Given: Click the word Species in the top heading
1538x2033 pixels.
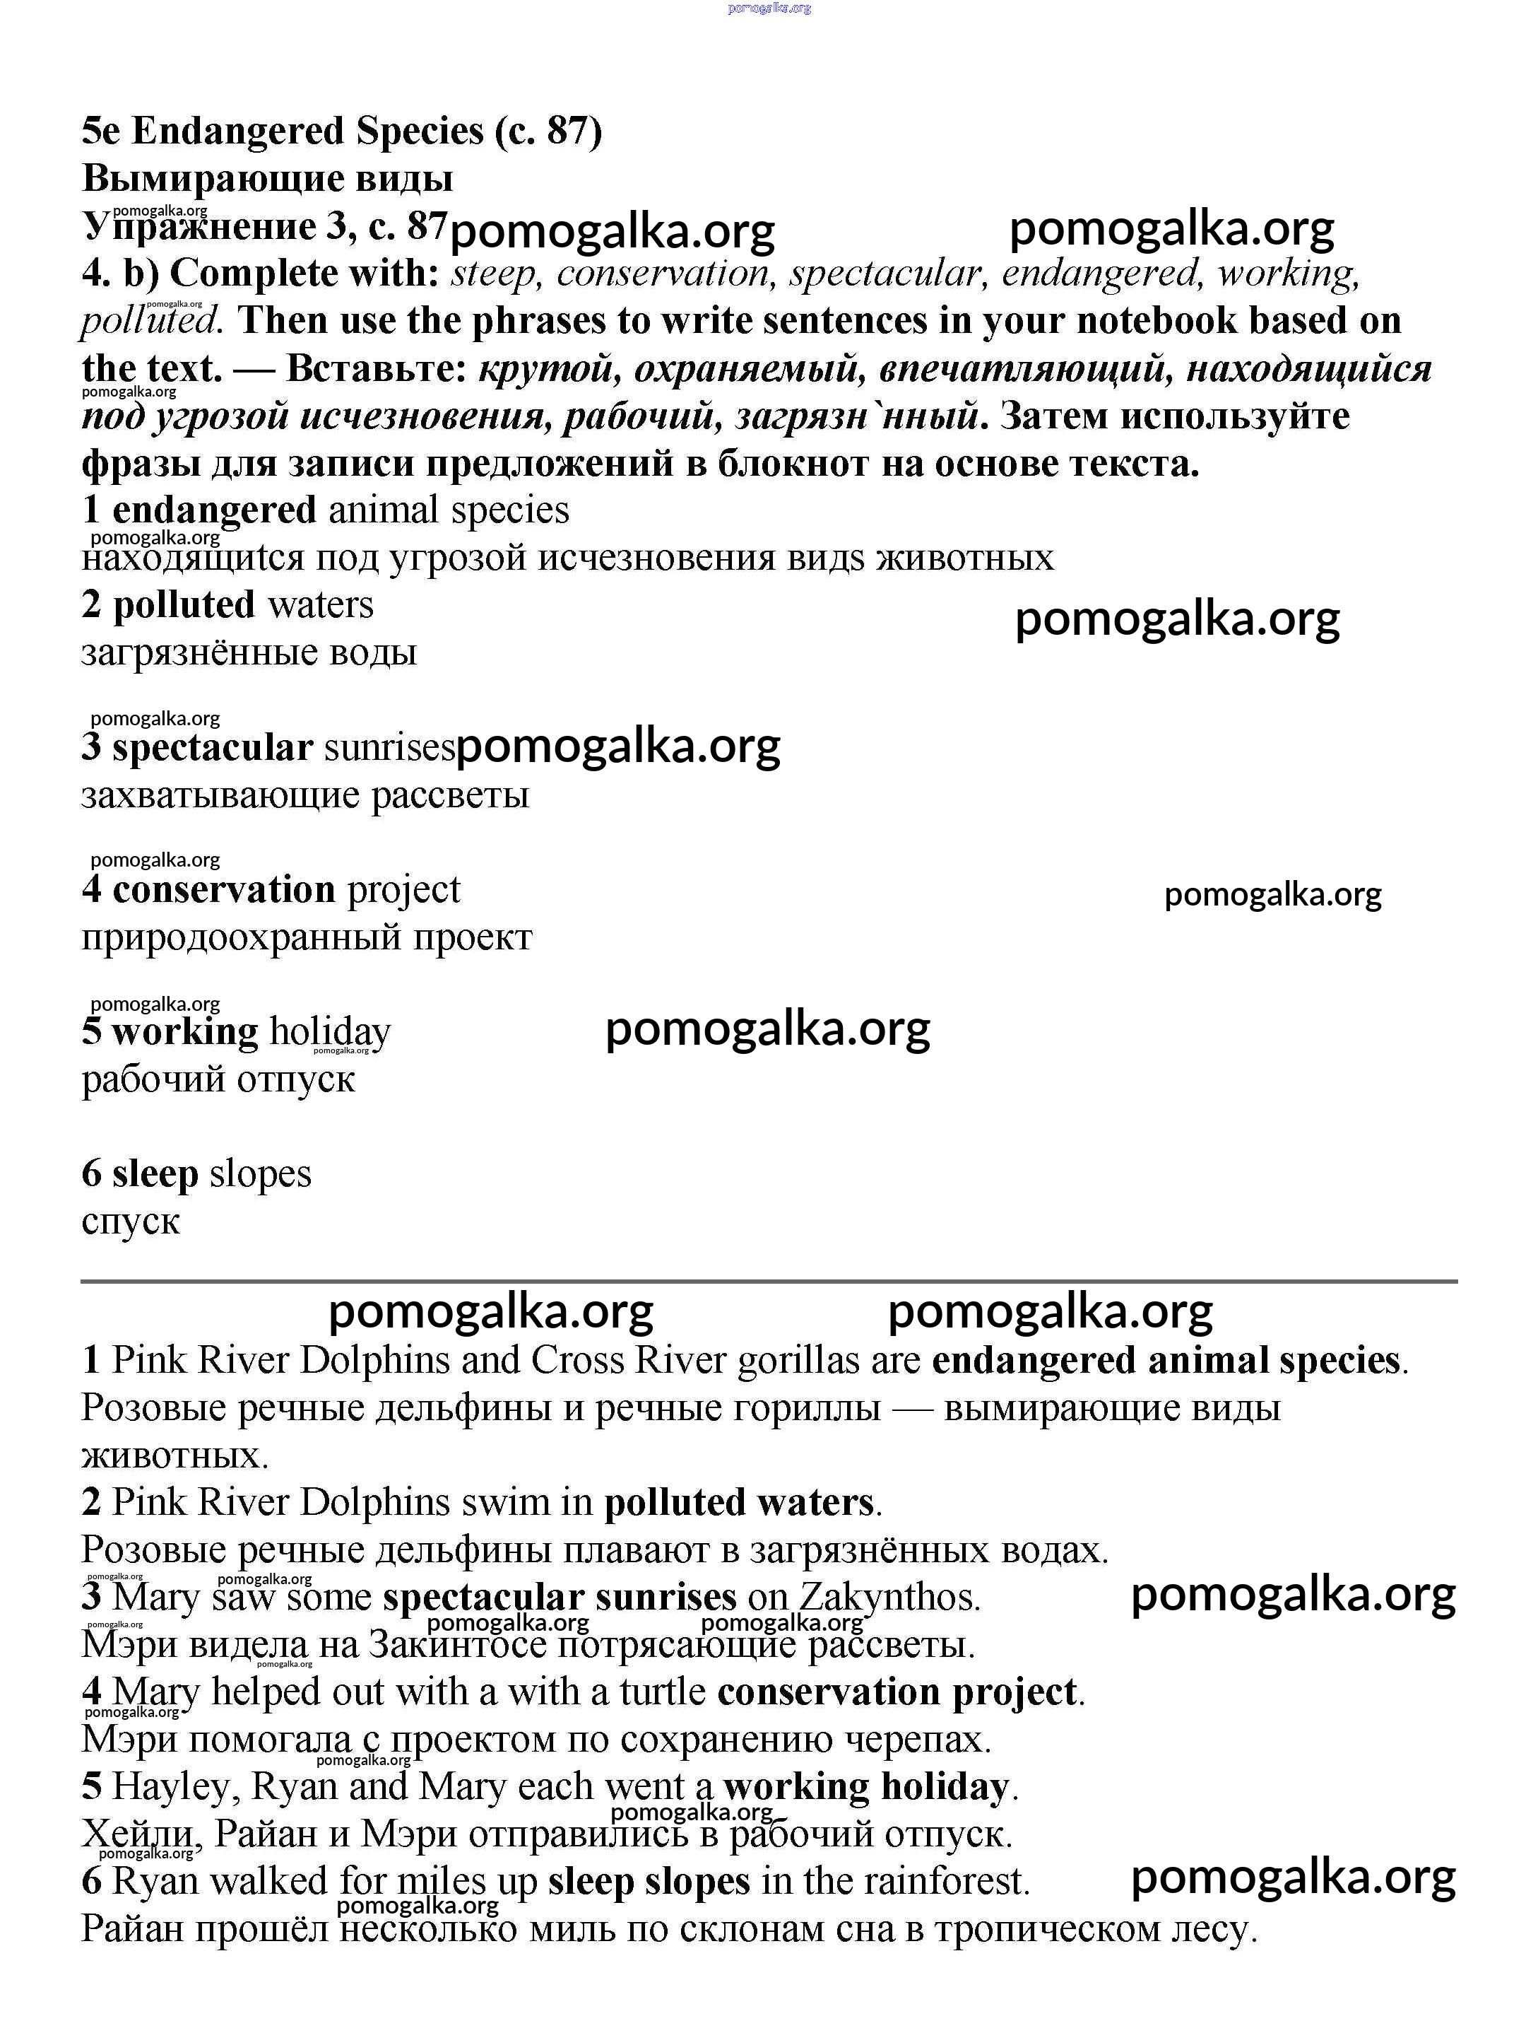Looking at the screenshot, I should tap(419, 132).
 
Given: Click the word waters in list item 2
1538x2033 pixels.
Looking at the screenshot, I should tap(321, 605).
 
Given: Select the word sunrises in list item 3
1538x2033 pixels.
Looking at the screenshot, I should tap(389, 748).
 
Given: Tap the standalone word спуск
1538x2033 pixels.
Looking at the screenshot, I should tap(131, 1221).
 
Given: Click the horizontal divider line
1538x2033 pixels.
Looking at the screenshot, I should tap(768, 1281).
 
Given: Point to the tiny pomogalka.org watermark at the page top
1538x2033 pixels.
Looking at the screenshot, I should tap(769, 8).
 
